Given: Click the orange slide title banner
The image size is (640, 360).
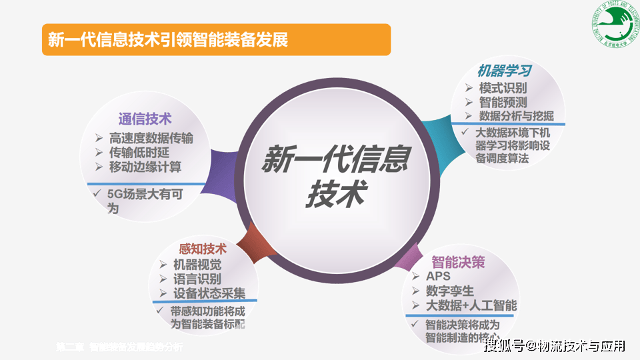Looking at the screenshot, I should point(215,39).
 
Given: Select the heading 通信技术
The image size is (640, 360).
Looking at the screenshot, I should point(145,119).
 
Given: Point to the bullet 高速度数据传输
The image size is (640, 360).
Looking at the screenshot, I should point(151,139).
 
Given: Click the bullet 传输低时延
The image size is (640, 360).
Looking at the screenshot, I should point(139,153).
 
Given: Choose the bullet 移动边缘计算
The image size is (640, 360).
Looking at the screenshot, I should point(145,167).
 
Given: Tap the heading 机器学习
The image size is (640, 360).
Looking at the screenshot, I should point(504,71).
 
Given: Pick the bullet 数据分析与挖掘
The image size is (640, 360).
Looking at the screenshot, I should point(515,116).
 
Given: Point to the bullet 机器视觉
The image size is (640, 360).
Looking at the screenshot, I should point(197,265).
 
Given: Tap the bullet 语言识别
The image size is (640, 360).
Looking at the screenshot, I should point(197,279).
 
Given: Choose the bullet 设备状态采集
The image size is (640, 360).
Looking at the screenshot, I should point(209,293).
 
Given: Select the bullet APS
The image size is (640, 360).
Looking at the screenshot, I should point(439,277).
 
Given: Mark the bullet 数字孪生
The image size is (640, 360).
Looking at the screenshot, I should point(450,291).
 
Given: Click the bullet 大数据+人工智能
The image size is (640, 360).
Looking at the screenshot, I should point(471,306).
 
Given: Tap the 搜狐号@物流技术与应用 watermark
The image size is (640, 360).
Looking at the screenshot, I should point(555,345).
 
